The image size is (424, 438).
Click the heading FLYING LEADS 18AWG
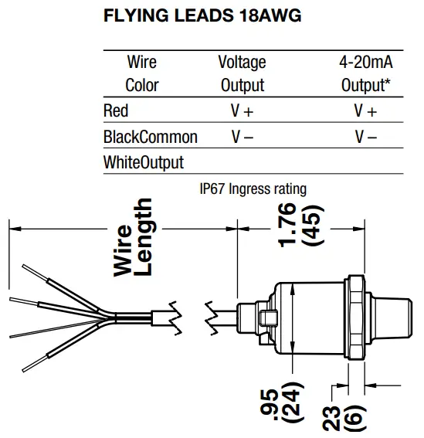click(202, 16)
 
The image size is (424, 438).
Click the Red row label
click(116, 111)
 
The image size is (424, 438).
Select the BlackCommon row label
click(151, 138)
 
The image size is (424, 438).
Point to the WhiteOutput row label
click(144, 163)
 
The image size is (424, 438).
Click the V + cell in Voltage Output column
click(242, 111)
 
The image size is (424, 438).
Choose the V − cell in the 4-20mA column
click(365, 138)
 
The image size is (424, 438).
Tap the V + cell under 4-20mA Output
click(365, 111)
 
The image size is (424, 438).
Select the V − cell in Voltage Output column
click(242, 138)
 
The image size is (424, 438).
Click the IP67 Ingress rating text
click(253, 188)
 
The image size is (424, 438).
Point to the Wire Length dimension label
click(134, 237)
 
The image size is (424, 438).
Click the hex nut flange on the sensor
click(355, 317)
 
